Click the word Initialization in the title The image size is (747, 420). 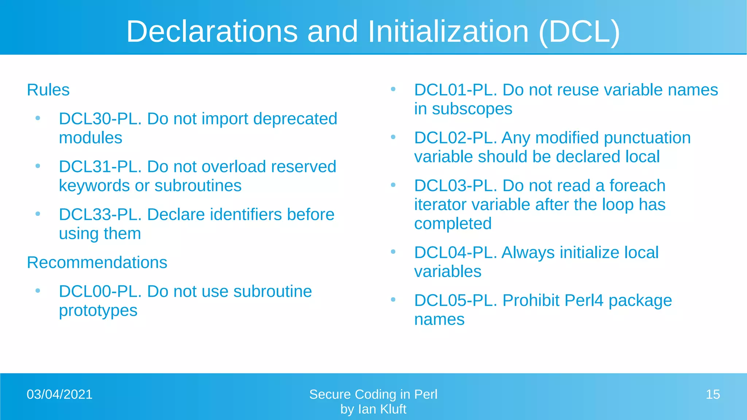pyautogui.click(x=448, y=31)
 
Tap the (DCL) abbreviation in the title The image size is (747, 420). pyautogui.click(x=579, y=32)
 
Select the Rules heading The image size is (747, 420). pyautogui.click(x=48, y=90)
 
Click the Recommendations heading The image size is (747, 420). pyautogui.click(x=97, y=262)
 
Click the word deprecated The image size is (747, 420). pyautogui.click(x=295, y=119)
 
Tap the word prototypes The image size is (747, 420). pyautogui.click(x=98, y=311)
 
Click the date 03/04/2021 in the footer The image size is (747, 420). pyautogui.click(x=59, y=394)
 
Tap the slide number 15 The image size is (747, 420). pyautogui.click(x=713, y=394)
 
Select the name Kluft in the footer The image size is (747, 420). pyautogui.click(x=393, y=409)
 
